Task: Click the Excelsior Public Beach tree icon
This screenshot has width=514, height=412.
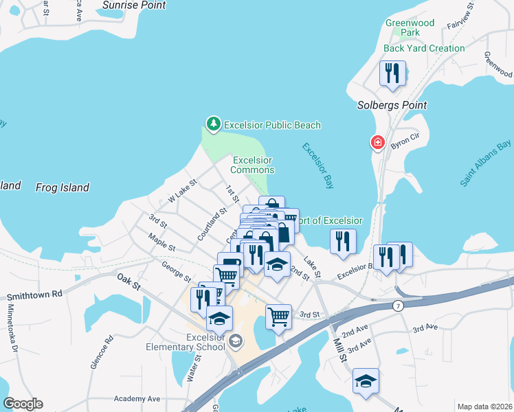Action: pyautogui.click(x=214, y=124)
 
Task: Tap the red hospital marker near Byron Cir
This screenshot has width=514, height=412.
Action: pyautogui.click(x=377, y=143)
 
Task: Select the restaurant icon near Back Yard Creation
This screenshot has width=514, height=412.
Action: pyautogui.click(x=392, y=73)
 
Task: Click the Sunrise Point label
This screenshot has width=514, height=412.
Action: pyautogui.click(x=134, y=5)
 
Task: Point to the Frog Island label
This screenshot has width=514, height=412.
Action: pyautogui.click(x=63, y=187)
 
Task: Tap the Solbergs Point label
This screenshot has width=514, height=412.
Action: pyautogui.click(x=392, y=105)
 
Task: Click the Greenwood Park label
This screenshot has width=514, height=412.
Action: pyautogui.click(x=410, y=27)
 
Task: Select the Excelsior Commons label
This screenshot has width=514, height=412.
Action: pyautogui.click(x=252, y=165)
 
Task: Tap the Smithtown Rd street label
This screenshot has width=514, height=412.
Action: pyautogui.click(x=34, y=294)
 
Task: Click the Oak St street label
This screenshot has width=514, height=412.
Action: pyautogui.click(x=128, y=280)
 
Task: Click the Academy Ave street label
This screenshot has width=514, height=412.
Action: pyautogui.click(x=137, y=399)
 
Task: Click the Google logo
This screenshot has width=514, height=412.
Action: pyautogui.click(x=23, y=404)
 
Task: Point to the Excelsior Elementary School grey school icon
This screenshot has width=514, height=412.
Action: pyautogui.click(x=235, y=341)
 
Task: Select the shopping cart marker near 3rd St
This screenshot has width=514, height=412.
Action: pyautogui.click(x=278, y=317)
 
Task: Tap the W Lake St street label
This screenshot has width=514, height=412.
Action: pyautogui.click(x=183, y=191)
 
